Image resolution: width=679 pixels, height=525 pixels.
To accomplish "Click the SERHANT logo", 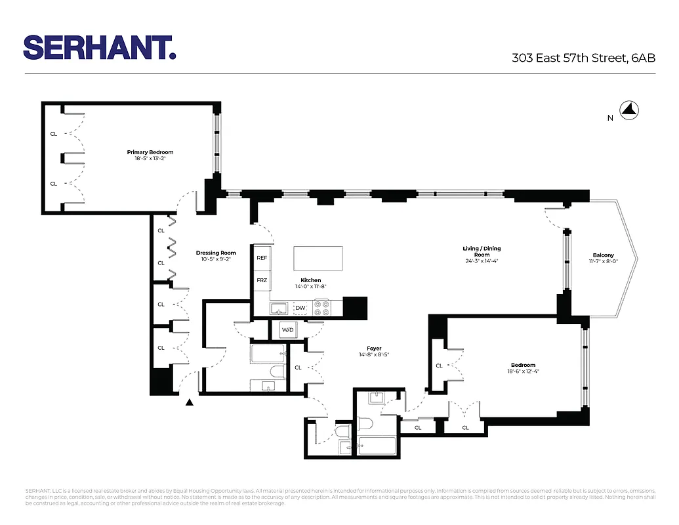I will [x=99, y=47].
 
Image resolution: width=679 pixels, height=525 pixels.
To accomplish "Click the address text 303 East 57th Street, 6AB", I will [x=583, y=58].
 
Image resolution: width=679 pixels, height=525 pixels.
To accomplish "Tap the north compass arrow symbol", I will [x=630, y=111].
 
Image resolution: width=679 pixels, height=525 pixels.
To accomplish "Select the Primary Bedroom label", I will [x=150, y=152].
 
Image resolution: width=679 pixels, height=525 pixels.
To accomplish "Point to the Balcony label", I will [x=603, y=255].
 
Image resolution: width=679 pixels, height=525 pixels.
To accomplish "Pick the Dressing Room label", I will [x=216, y=253].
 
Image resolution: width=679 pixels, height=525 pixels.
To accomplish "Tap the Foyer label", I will [x=374, y=348].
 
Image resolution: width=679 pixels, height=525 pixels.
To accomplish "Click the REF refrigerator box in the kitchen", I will [x=262, y=259].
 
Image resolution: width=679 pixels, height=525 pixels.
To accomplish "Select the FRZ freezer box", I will [x=262, y=280].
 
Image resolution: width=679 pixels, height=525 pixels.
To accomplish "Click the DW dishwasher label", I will [x=300, y=308].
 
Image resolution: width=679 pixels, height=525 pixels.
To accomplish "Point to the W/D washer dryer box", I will [x=288, y=329].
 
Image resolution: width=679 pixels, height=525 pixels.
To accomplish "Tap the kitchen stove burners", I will [x=321, y=308].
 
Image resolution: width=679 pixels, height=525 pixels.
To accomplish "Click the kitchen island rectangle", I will [x=318, y=258].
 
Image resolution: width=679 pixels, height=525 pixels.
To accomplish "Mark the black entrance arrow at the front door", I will [x=190, y=402].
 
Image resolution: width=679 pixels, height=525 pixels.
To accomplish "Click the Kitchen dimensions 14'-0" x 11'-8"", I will [x=311, y=286].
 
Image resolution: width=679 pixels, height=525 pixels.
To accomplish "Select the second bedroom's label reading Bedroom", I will [x=523, y=366].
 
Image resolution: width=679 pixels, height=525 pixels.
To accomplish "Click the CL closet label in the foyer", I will [x=298, y=367].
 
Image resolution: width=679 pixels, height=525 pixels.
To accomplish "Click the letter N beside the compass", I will [x=610, y=117].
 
